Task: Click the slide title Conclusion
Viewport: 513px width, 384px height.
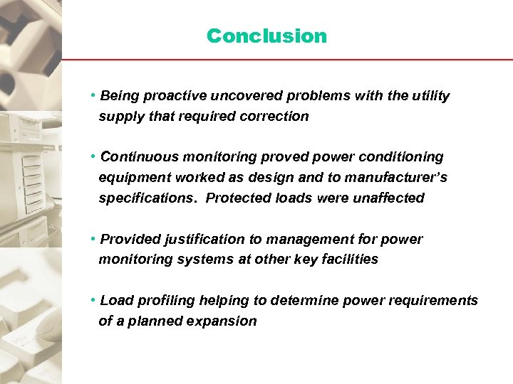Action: pyautogui.click(x=266, y=36)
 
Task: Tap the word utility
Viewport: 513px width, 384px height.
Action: pyautogui.click(x=430, y=95)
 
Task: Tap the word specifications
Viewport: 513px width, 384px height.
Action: pyautogui.click(x=148, y=198)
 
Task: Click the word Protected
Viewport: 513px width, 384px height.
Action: pyautogui.click(x=238, y=198)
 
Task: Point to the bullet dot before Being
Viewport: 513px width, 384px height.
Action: pyautogui.click(x=93, y=95)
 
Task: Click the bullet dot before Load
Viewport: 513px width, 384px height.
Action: pyautogui.click(x=93, y=300)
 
